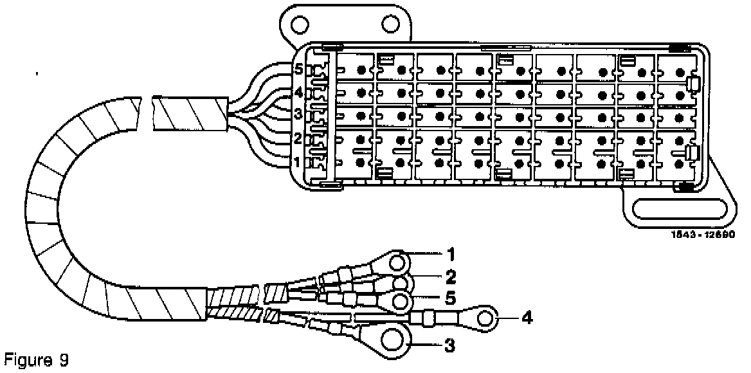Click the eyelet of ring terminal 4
489,317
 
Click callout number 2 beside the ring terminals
450,278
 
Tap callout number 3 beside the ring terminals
450,347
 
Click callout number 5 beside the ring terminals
450,298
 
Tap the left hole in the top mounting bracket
299,24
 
